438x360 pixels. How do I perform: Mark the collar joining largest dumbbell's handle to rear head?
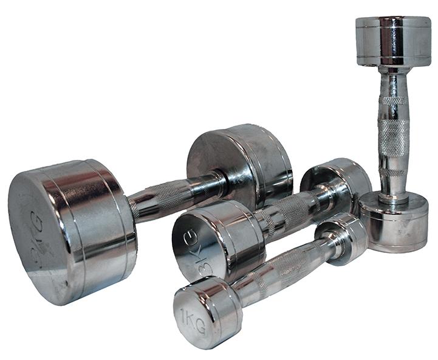tap(217, 182)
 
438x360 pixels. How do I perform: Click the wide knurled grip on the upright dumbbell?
tap(393, 137)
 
